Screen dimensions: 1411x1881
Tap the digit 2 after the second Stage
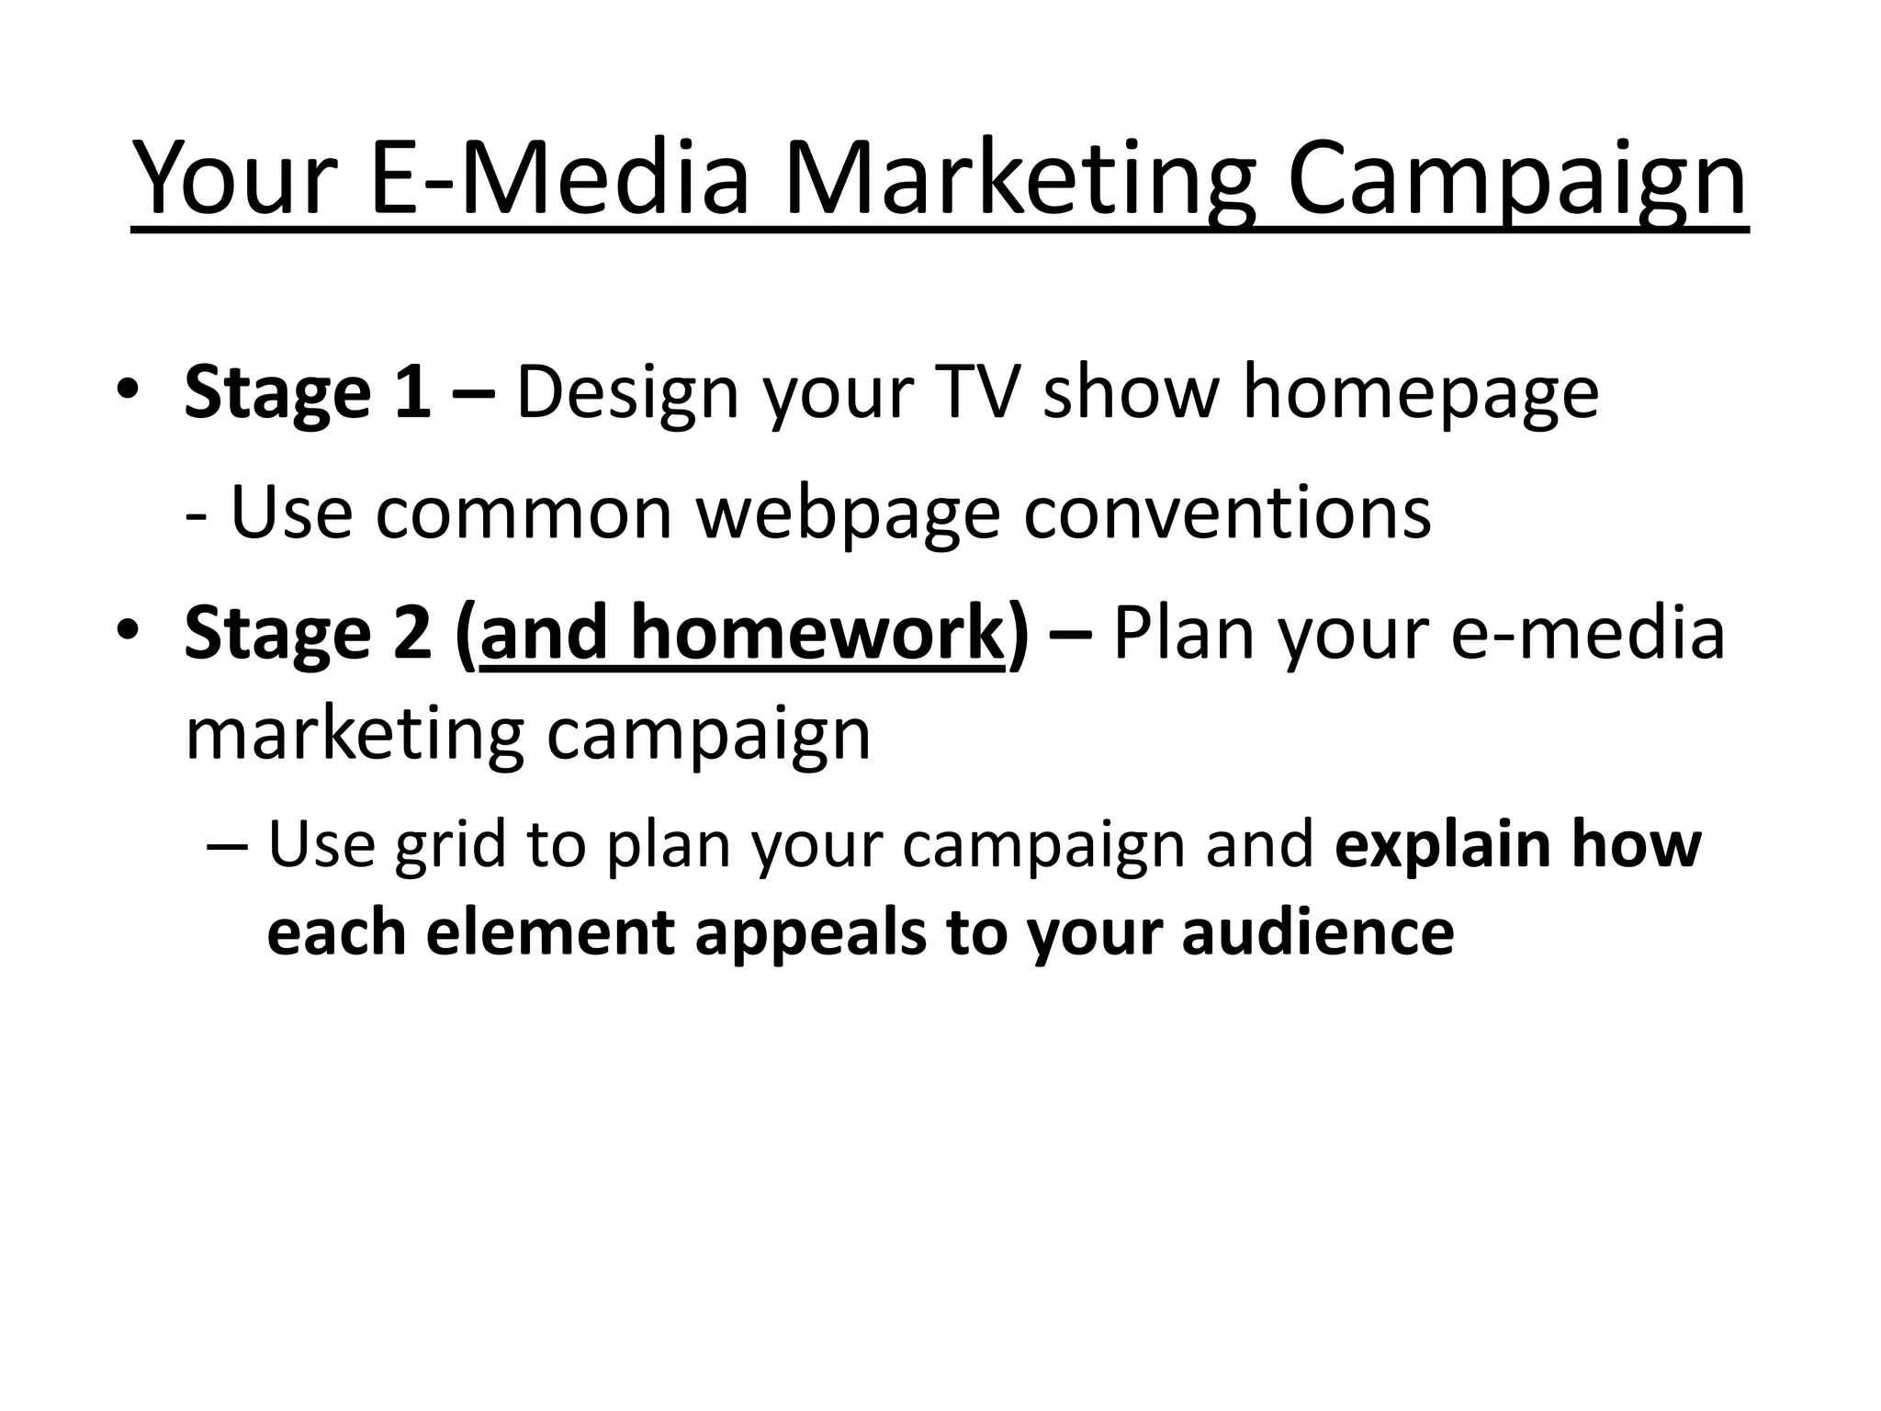coord(412,634)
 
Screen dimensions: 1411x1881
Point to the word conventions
coord(1227,513)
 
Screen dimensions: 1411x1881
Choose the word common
coord(524,513)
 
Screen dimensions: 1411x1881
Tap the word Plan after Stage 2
coord(1183,634)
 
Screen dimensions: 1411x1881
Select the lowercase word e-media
coord(1588,634)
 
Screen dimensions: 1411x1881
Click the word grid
coord(449,847)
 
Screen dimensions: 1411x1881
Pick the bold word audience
coord(1318,933)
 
